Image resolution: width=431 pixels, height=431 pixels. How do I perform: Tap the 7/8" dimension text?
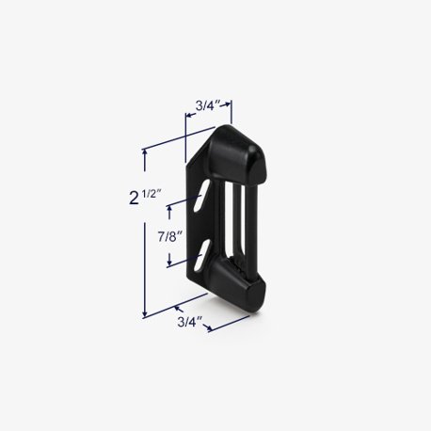(169, 235)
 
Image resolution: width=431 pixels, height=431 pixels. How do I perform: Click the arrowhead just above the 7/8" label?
(169, 208)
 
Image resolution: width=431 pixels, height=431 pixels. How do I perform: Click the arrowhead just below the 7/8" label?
(169, 263)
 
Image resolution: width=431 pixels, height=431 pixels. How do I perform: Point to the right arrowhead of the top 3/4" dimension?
(231, 106)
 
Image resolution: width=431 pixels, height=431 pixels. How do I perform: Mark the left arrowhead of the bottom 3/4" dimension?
(177, 307)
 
